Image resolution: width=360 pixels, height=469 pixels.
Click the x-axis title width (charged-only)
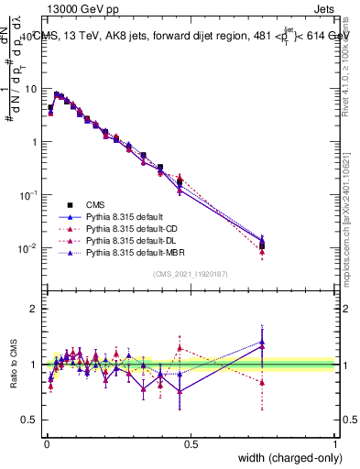tap(285, 459)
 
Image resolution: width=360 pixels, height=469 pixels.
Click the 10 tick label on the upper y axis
tap(32, 89)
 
